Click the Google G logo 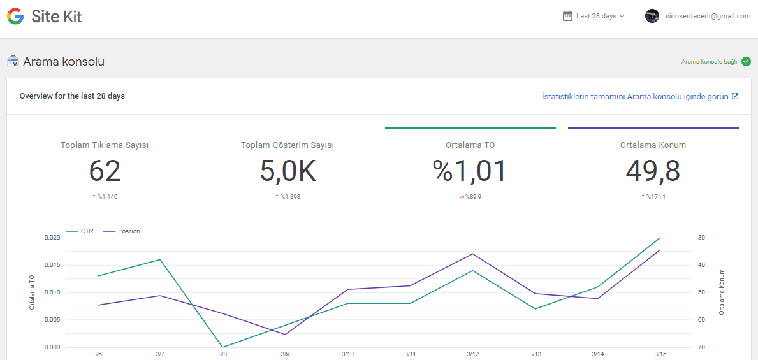[x=15, y=17]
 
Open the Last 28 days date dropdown [x=594, y=16]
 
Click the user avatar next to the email [x=652, y=16]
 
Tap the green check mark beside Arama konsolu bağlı [x=746, y=61]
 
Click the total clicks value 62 [x=105, y=171]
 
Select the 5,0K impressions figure [x=288, y=171]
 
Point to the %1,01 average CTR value [x=470, y=171]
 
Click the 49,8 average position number [x=653, y=171]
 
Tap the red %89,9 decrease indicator [x=470, y=197]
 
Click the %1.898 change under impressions [x=288, y=197]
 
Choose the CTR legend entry [x=80, y=231]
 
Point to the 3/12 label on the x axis [x=472, y=354]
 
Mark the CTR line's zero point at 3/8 [x=222, y=347]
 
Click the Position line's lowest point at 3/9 [x=285, y=334]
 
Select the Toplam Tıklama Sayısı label [x=105, y=145]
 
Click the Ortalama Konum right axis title [x=722, y=292]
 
